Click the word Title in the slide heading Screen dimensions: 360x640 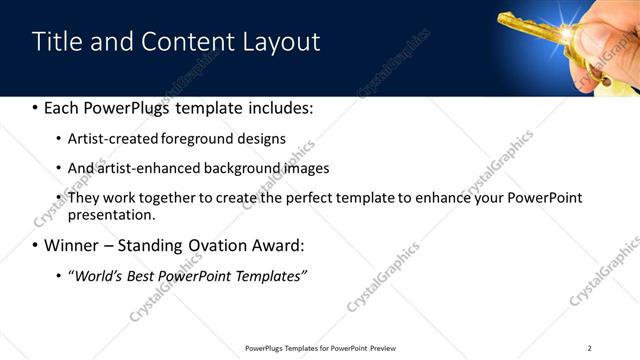click(55, 42)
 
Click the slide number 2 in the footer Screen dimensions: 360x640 click(589, 348)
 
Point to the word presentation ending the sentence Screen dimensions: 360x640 click(110, 215)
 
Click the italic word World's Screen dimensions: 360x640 click(97, 276)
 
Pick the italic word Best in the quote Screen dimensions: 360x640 click(143, 276)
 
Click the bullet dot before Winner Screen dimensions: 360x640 click(35, 246)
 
